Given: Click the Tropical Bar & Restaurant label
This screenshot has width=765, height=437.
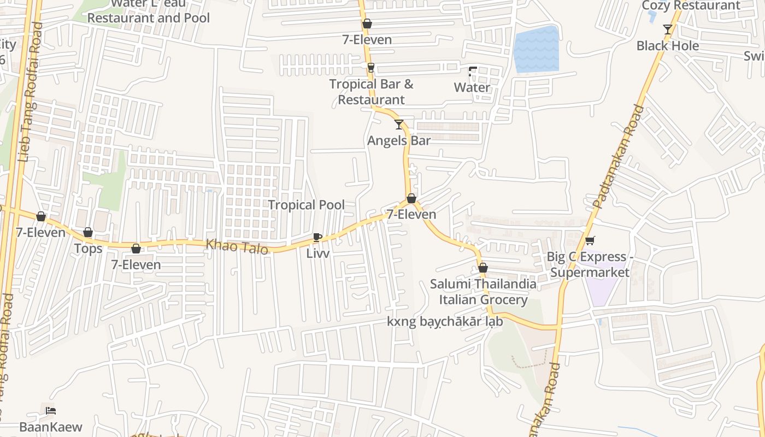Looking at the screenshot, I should tap(371, 92).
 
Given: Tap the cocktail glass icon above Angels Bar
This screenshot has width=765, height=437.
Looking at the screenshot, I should tap(399, 125).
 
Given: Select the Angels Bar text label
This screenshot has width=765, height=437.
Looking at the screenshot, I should tap(399, 140).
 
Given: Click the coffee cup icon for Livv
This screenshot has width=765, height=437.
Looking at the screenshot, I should tap(317, 237).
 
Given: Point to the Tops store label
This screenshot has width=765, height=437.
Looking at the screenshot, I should tap(88, 249).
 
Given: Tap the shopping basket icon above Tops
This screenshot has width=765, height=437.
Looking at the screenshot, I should tap(88, 233).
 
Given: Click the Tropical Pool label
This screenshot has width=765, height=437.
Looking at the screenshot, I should tap(306, 205).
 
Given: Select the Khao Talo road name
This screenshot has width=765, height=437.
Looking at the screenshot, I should tap(237, 247).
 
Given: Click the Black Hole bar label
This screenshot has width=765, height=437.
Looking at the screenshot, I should tap(667, 46).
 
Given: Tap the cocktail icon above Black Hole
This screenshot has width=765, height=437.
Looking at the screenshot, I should tap(667, 29).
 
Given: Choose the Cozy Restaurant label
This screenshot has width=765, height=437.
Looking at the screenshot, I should tap(691, 5).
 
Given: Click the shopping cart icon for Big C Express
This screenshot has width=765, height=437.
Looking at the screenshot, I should tap(590, 240).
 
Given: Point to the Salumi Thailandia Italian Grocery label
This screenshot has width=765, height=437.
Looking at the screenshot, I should tap(483, 292).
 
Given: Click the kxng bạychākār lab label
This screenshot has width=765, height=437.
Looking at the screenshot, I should tap(445, 322).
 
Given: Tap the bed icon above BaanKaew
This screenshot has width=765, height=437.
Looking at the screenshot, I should tap(51, 411).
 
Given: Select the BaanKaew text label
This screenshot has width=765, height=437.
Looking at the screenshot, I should tap(51, 427).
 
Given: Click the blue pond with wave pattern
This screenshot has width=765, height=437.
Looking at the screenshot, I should tap(537, 49).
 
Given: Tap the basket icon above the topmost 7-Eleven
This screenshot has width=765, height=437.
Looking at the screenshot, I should tap(367, 24).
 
